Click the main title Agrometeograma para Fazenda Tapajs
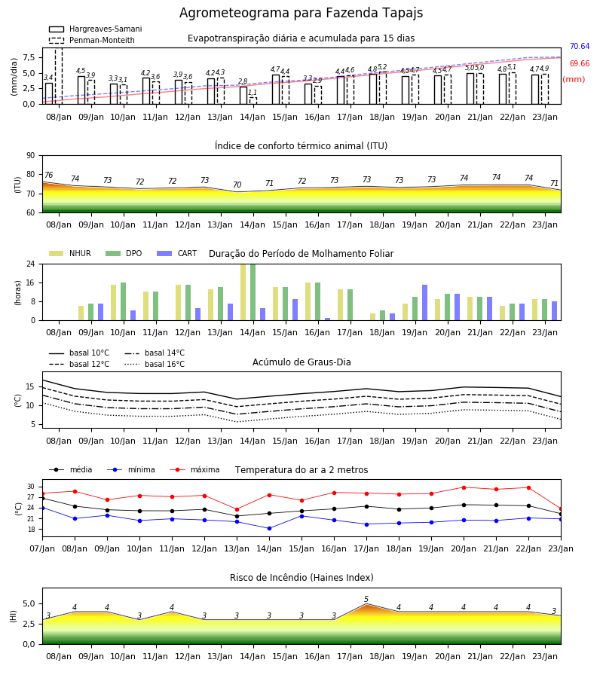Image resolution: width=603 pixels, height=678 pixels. coord(301,13)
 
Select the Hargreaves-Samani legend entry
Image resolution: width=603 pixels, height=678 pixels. coord(96,29)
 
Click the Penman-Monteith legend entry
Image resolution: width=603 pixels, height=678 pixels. coord(92,40)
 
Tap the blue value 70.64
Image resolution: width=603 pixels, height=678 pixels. coord(580,46)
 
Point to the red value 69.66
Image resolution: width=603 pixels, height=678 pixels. coord(580,63)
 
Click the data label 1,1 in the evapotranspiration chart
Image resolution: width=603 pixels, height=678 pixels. coord(253,93)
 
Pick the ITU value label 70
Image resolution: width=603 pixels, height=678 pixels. coord(237,185)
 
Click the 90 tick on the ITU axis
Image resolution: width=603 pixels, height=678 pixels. coord(31,156)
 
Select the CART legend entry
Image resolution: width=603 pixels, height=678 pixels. coord(177,253)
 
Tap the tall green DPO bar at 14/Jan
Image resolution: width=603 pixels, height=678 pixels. coord(253,292)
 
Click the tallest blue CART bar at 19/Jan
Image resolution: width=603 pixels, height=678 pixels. coord(425,303)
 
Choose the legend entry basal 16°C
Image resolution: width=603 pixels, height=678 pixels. coord(155,364)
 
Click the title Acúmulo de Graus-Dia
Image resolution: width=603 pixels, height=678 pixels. coord(301,362)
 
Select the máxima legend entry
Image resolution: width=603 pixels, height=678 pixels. coord(194,469)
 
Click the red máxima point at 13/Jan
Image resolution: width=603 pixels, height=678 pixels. coord(237,509)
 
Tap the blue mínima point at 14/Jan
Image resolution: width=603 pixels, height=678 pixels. coord(270,528)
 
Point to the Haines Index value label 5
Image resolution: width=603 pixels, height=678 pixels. coord(366,600)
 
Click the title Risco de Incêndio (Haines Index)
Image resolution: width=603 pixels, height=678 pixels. coord(301,577)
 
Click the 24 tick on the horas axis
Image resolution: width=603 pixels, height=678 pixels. coord(31,264)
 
